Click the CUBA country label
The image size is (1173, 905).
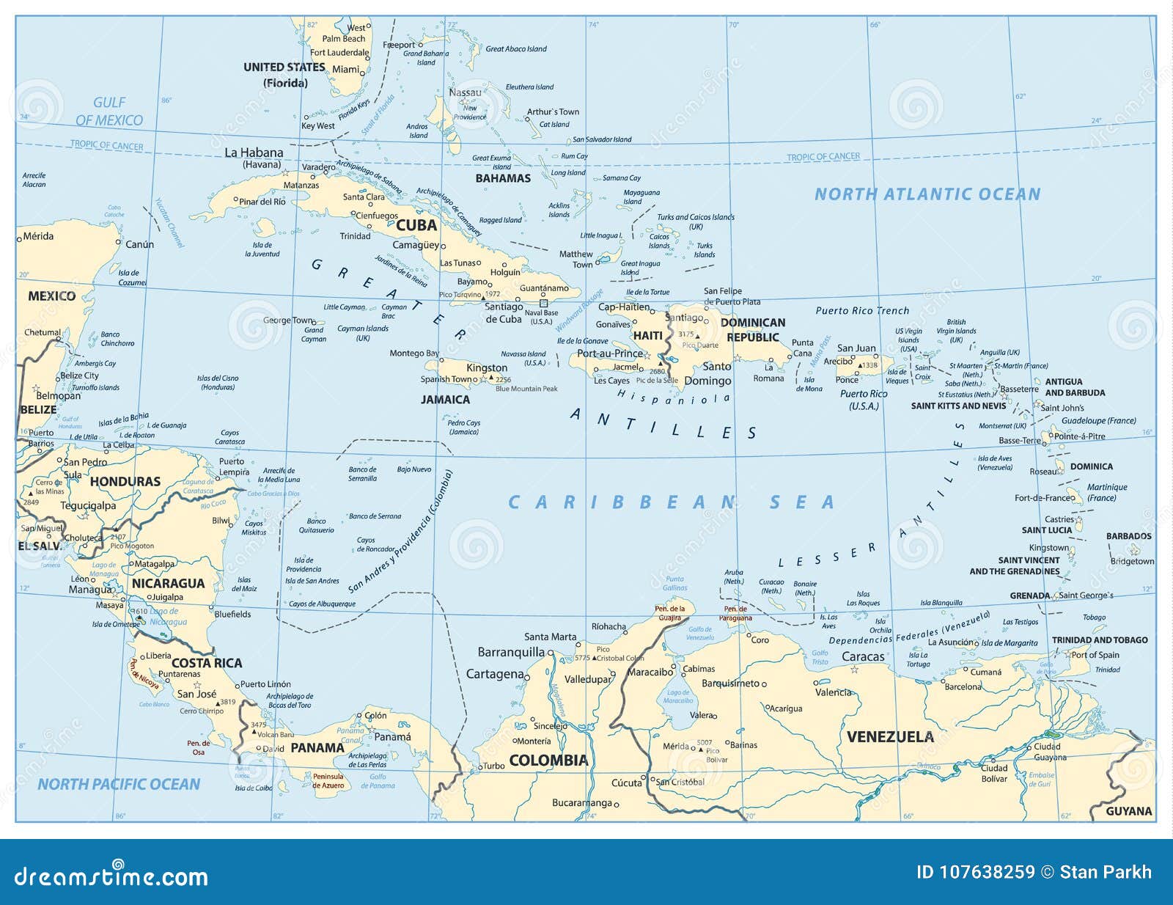[416, 225]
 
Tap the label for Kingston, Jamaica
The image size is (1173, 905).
[487, 367]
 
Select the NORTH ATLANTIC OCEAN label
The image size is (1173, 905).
[927, 194]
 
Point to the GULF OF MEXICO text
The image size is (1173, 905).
[109, 111]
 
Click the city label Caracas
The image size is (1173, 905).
[863, 656]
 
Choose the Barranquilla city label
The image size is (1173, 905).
[511, 652]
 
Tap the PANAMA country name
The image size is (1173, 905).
[317, 748]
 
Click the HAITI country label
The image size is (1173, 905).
[647, 335]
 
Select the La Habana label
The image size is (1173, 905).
[254, 153]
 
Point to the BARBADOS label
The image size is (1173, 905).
[1128, 536]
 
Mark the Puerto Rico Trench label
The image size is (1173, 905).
[862, 310]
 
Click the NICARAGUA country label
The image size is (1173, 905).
[168, 583]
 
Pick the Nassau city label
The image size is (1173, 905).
[465, 92]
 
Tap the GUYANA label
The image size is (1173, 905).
[1128, 811]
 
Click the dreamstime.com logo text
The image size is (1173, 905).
[111, 876]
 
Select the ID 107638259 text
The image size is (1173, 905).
[975, 872]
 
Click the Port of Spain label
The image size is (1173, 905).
[1095, 655]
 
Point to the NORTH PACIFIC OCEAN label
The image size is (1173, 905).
[119, 784]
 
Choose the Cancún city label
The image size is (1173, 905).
[139, 244]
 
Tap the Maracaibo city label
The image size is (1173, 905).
[650, 672]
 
